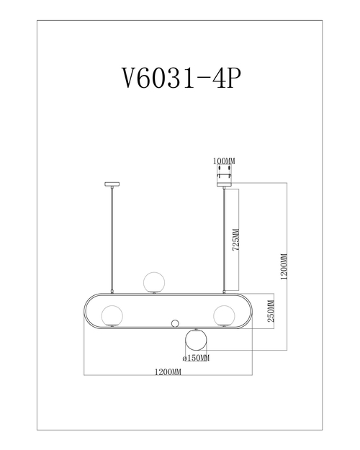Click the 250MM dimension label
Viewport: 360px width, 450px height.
(270, 313)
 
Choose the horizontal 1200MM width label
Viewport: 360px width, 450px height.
(168, 372)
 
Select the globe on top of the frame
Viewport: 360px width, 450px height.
(153, 282)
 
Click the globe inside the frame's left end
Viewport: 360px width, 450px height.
(111, 315)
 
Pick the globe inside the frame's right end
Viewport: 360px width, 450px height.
(224, 314)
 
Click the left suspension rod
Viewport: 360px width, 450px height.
(111, 238)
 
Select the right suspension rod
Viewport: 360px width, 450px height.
(225, 238)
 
